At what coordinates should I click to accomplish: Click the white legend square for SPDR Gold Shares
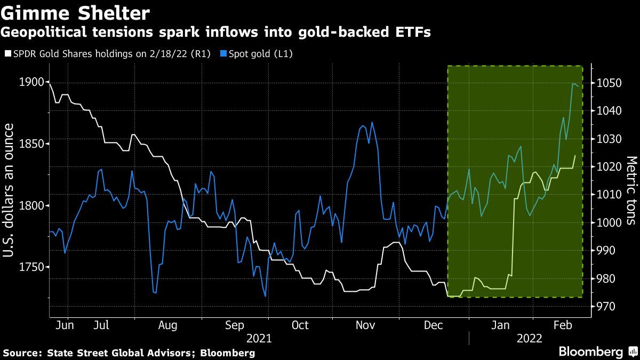click(7, 54)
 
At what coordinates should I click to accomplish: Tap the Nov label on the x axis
click(365, 325)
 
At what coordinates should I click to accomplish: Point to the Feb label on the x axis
click(563, 325)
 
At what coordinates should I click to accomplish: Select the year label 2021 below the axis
click(259, 339)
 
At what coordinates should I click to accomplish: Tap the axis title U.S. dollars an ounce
click(9, 190)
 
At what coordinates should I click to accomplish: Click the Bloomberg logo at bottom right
click(591, 352)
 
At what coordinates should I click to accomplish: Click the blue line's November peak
click(372, 122)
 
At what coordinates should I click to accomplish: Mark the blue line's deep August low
click(155, 293)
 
